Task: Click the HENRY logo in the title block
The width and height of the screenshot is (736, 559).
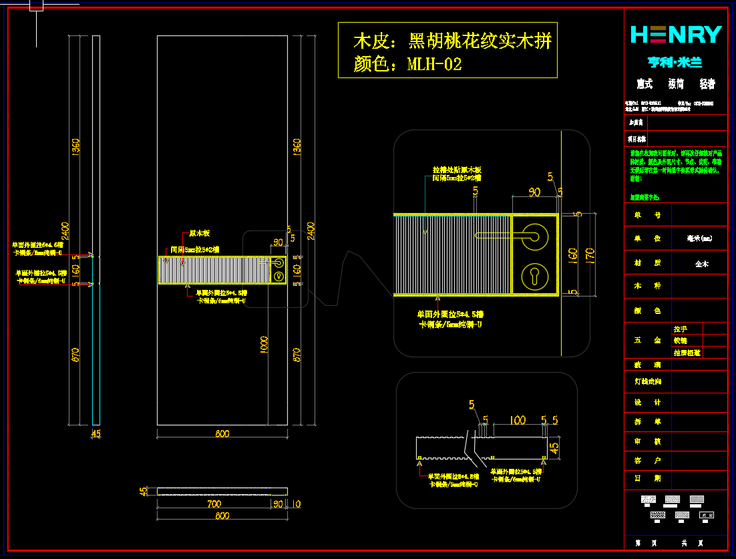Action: (676, 34)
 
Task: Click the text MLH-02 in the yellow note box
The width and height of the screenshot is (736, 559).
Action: (434, 65)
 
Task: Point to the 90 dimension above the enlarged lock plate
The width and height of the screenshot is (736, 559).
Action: (534, 192)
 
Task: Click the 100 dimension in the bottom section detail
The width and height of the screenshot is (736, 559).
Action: (517, 420)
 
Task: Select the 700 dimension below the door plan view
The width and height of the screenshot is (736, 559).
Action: (214, 503)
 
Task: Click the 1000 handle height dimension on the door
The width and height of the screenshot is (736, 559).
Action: (264, 344)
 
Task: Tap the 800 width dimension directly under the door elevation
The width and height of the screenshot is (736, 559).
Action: (222, 433)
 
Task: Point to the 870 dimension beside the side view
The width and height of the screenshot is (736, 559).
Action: (75, 355)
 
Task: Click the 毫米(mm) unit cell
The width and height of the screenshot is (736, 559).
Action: (699, 238)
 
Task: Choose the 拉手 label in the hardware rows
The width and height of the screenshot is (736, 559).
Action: (680, 329)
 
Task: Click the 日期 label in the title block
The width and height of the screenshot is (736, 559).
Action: (638, 478)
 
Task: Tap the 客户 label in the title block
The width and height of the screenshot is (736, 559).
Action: (638, 461)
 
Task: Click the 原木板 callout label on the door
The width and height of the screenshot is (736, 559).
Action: (199, 234)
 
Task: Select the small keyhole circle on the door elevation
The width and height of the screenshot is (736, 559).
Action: (279, 275)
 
